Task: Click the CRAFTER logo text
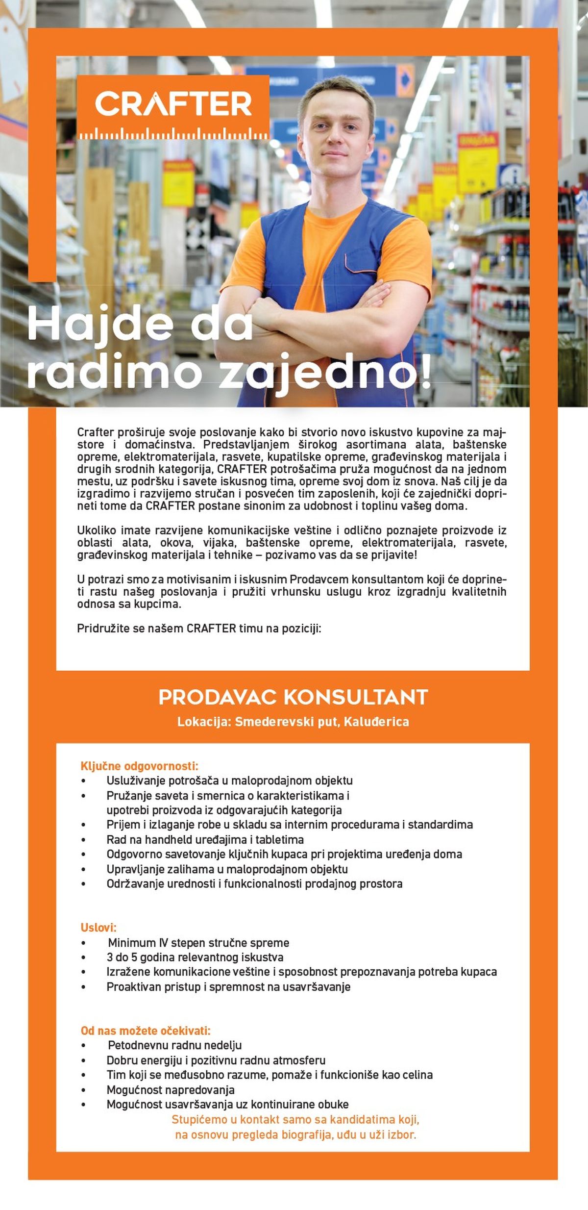173,103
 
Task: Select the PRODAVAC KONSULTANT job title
293,697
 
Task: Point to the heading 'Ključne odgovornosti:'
139,766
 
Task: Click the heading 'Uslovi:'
98,928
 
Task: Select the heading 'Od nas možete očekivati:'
146,1031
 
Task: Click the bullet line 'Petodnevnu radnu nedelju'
174,1045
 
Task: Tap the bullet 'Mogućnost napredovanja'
171,1090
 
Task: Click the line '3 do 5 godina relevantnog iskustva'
195,957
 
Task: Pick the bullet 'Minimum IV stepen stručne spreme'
198,942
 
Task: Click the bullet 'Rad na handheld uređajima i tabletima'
205,839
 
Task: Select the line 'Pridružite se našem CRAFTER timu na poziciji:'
199,629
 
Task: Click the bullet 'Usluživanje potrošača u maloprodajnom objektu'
229,781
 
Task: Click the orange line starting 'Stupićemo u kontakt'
295,1119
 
